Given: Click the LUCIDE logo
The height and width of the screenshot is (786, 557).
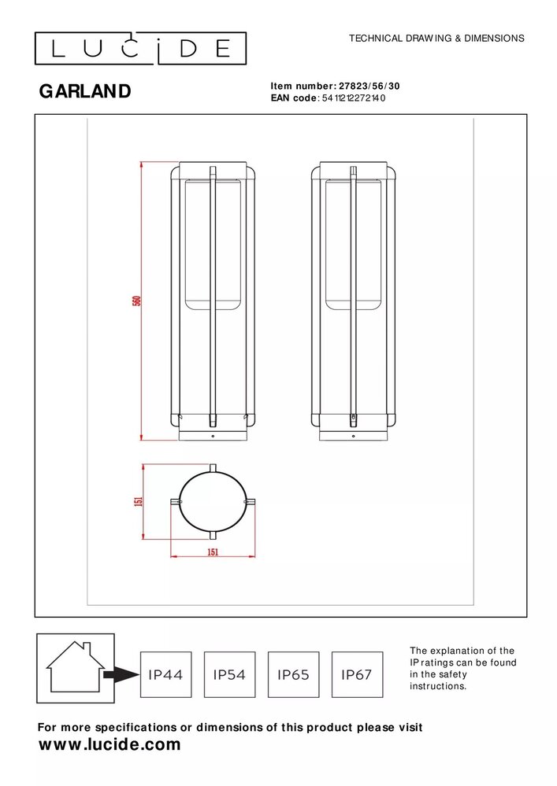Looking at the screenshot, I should [140, 49].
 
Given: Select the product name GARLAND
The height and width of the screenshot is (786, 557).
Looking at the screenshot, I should [85, 91].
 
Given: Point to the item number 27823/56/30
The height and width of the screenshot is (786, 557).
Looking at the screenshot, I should [373, 87].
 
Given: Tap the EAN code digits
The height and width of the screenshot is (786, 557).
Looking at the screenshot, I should [352, 98].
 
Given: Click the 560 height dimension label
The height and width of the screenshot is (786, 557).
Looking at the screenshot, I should [136, 301].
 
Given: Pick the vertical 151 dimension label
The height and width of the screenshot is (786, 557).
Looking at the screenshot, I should [139, 502].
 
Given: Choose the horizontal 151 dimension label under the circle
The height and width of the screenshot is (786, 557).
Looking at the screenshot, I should [212, 552].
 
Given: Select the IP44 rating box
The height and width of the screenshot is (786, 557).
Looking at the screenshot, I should [165, 674].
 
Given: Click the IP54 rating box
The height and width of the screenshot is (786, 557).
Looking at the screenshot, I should [229, 674].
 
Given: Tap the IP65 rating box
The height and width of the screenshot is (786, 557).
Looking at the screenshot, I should [293, 674].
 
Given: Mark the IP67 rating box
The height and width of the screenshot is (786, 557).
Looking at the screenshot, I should [356, 674].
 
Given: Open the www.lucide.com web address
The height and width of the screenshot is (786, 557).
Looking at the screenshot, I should [110, 744].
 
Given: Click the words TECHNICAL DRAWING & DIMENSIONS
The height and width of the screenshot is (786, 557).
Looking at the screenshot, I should [436, 38].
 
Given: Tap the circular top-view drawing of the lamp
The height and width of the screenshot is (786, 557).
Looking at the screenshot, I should [212, 501].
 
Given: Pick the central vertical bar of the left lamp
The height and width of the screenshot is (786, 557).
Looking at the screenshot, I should [212, 299].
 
